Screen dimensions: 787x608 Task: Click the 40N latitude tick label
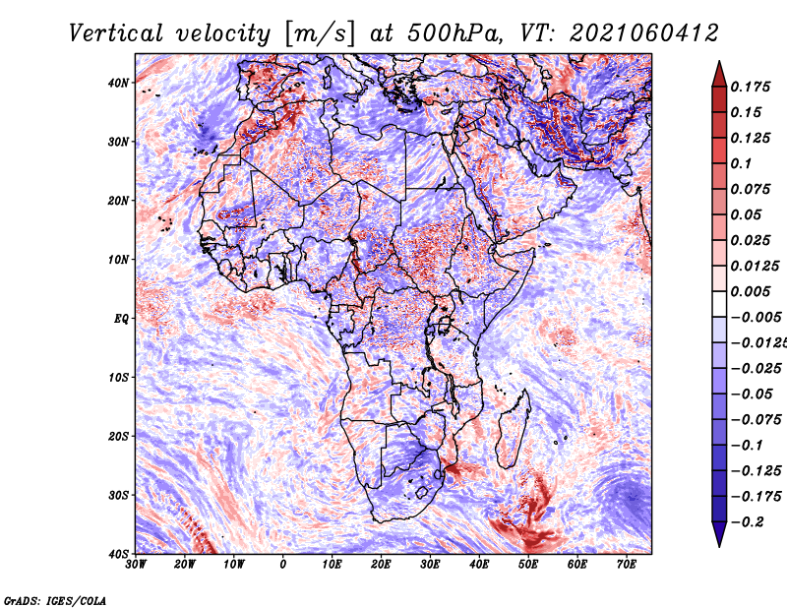pyautogui.click(x=118, y=83)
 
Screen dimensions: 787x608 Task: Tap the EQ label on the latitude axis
pyautogui.click(x=121, y=319)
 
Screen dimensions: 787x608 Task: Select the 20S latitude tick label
pyautogui.click(x=119, y=436)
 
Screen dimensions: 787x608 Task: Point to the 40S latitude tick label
pyautogui.click(x=119, y=554)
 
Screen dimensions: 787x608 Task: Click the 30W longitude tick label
pyautogui.click(x=136, y=565)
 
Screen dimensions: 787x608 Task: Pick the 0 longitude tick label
pyautogui.click(x=283, y=565)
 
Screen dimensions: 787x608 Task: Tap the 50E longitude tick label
pyautogui.click(x=528, y=565)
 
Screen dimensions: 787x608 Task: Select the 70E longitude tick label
pyautogui.click(x=626, y=565)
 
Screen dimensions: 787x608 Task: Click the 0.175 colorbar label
pyautogui.click(x=751, y=88)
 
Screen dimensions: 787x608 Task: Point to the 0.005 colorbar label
pyautogui.click(x=751, y=291)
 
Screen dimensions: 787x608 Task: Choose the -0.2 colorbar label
pyautogui.click(x=747, y=522)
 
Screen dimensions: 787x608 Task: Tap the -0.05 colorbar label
pyautogui.click(x=751, y=395)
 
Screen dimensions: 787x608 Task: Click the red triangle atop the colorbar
pyautogui.click(x=719, y=74)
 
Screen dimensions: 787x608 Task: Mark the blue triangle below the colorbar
pyautogui.click(x=719, y=534)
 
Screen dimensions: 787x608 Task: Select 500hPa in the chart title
pyautogui.click(x=454, y=33)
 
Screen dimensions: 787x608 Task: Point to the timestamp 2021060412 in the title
pyautogui.click(x=644, y=33)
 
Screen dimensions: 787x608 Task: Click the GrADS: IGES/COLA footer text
pyautogui.click(x=55, y=601)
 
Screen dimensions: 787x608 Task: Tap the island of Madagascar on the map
pyautogui.click(x=513, y=429)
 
